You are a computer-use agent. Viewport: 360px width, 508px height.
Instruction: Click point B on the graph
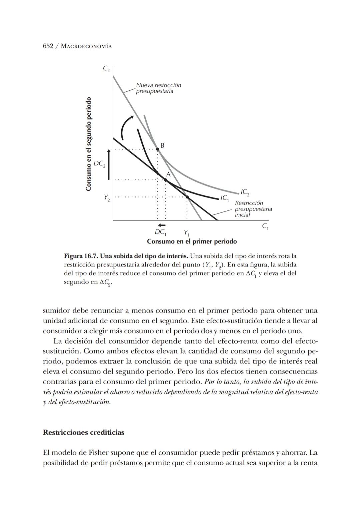pyautogui.click(x=158, y=149)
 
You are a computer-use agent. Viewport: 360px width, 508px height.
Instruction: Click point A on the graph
pyautogui.click(x=165, y=180)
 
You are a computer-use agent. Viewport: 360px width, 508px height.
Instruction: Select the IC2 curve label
pyautogui.click(x=245, y=192)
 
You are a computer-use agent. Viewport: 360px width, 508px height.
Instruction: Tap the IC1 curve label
pyautogui.click(x=224, y=198)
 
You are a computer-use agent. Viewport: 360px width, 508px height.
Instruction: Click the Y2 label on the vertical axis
pyautogui.click(x=107, y=197)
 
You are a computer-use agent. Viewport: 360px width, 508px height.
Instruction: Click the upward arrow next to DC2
pyautogui.click(x=108, y=164)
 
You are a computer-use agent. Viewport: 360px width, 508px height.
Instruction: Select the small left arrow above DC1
pyautogui.click(x=162, y=225)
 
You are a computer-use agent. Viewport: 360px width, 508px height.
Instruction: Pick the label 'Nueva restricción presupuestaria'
pyautogui.click(x=158, y=88)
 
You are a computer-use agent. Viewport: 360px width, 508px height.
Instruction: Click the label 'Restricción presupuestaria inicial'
pyautogui.click(x=253, y=209)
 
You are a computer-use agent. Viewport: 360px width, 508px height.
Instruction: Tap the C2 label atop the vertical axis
pyautogui.click(x=106, y=69)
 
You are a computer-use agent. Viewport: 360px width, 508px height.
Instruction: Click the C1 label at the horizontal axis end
pyautogui.click(x=265, y=226)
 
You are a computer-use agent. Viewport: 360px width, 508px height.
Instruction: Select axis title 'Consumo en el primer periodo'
pyautogui.click(x=192, y=241)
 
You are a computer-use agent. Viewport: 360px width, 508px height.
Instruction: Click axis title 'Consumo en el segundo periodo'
pyautogui.click(x=88, y=144)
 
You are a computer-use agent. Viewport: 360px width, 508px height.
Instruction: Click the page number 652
pyautogui.click(x=48, y=46)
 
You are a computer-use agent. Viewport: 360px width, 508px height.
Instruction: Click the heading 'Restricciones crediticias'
pyautogui.click(x=83, y=432)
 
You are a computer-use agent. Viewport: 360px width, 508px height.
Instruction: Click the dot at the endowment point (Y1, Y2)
pyautogui.click(x=187, y=197)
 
